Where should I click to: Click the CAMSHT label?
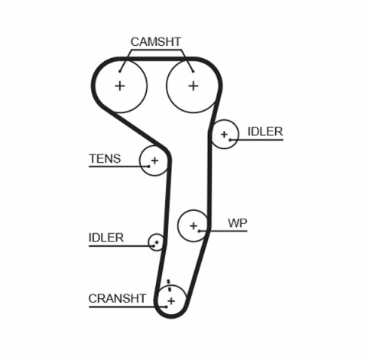pos(155,41)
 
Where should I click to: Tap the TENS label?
pos(105,158)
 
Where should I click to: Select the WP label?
pos(237,223)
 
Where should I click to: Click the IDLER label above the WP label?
pos(265,131)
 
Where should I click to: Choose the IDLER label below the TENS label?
pos(106,237)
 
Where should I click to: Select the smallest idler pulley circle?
pos(157,243)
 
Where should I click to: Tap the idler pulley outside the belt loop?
pos(224,135)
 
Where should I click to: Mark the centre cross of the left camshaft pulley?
pos(120,85)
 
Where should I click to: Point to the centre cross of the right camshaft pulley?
pos(193,85)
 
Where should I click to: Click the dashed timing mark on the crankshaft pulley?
pos(167,287)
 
